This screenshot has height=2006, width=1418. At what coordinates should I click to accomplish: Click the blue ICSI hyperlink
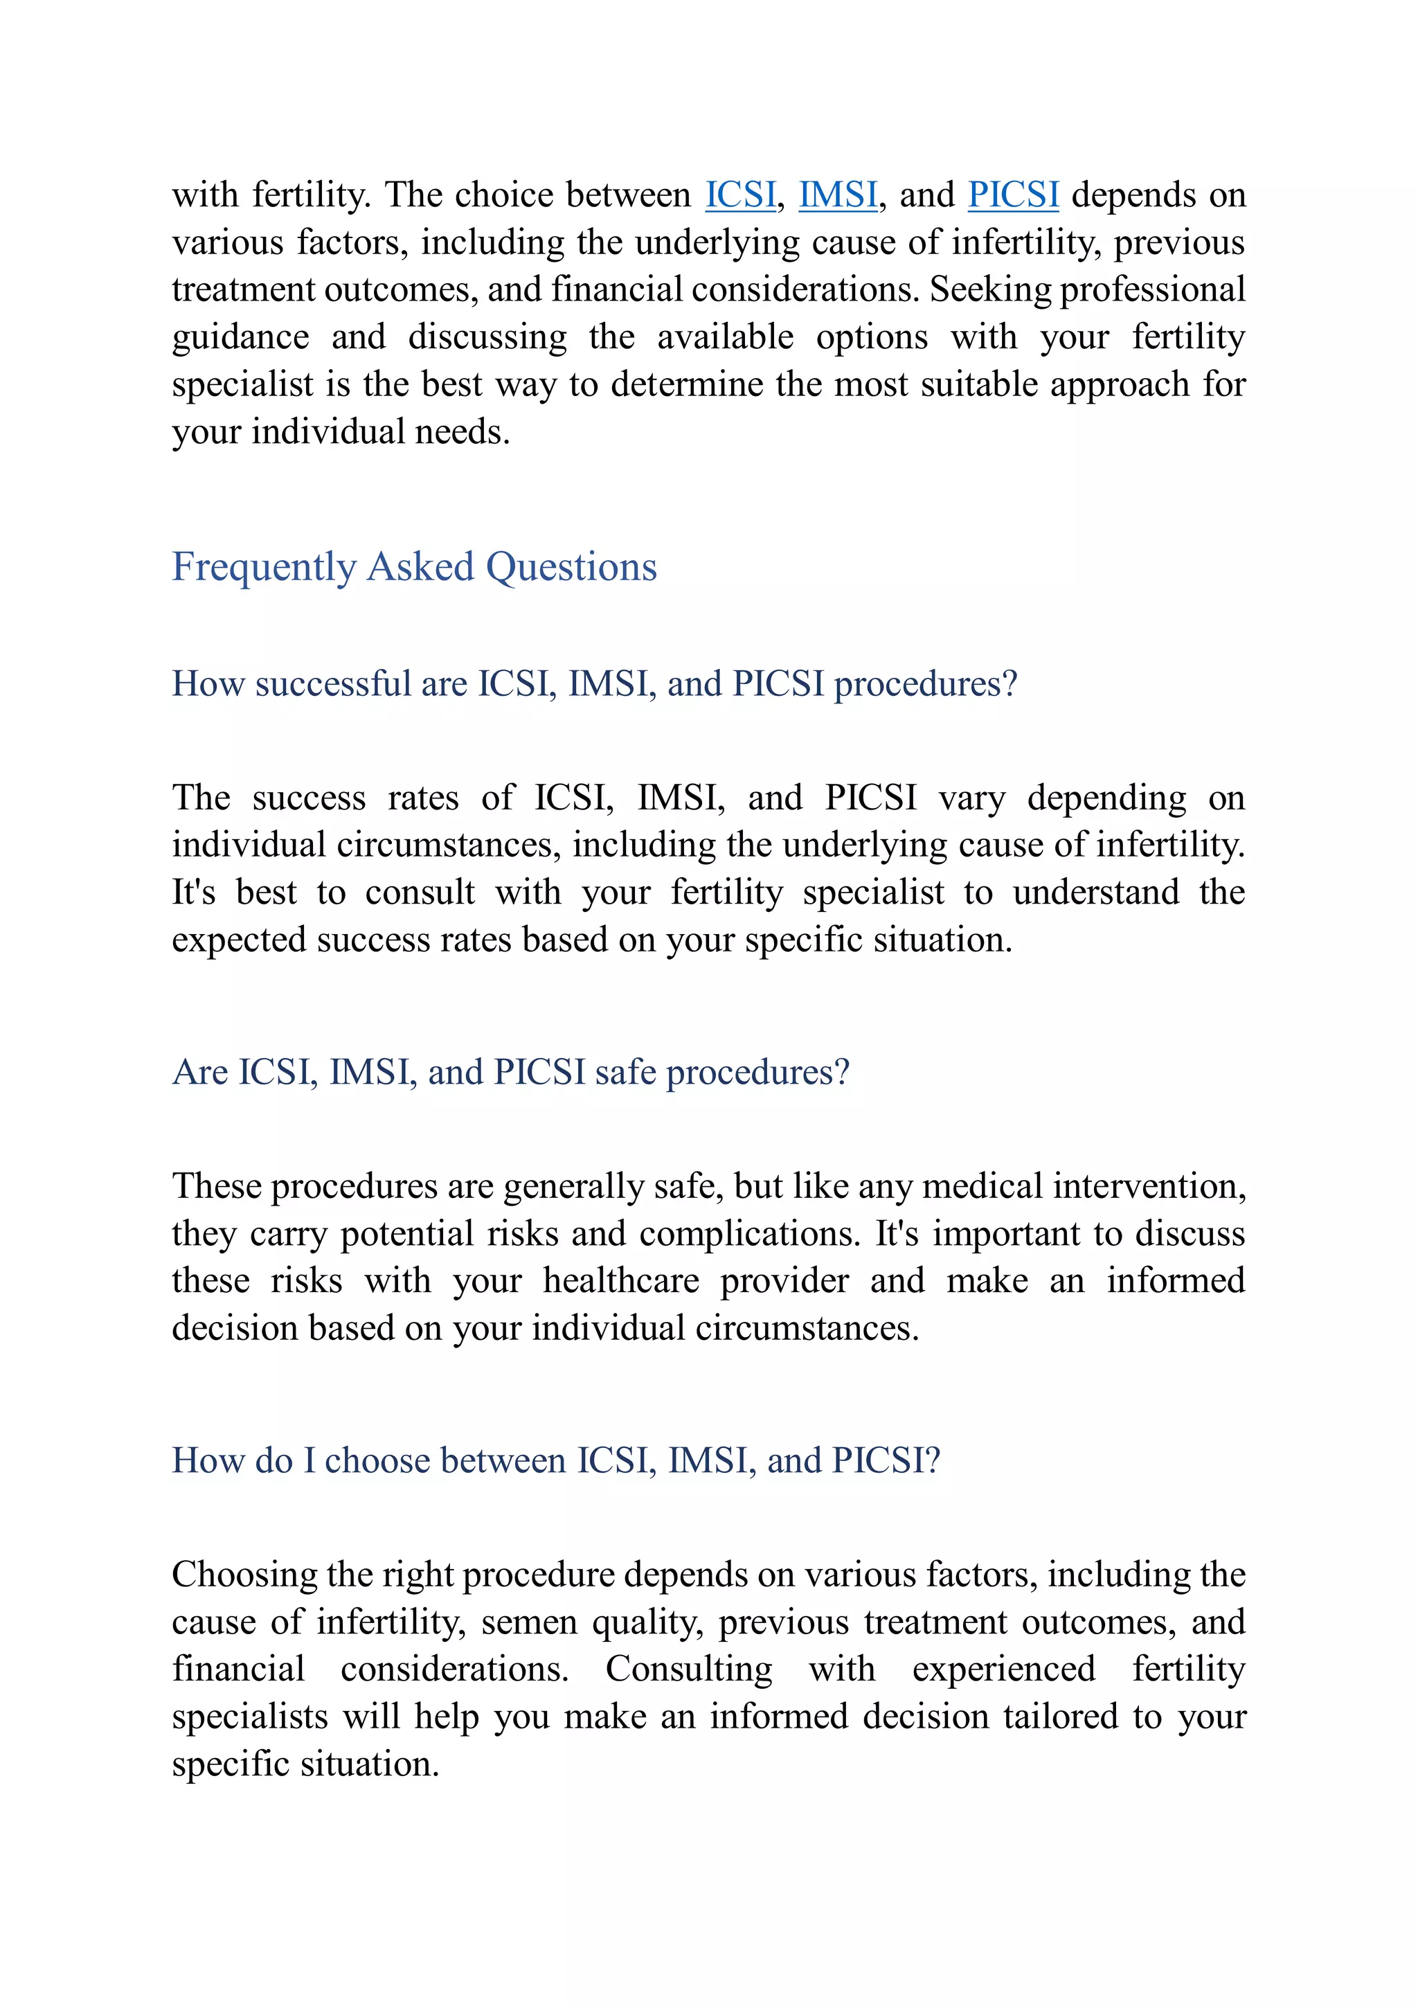pyautogui.click(x=740, y=194)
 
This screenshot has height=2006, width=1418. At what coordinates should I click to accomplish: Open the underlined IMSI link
pyautogui.click(x=838, y=194)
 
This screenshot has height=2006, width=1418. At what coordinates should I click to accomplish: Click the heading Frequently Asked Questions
pyautogui.click(x=414, y=566)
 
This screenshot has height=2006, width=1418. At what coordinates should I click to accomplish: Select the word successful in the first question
pyautogui.click(x=333, y=683)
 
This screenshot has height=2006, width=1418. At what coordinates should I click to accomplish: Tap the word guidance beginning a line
pyautogui.click(x=240, y=337)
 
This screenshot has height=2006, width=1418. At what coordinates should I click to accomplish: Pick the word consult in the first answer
pyautogui.click(x=420, y=892)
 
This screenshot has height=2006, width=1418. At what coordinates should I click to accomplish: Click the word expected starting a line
pyautogui.click(x=237, y=940)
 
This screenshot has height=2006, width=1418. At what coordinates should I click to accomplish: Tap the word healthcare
pyautogui.click(x=620, y=1281)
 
